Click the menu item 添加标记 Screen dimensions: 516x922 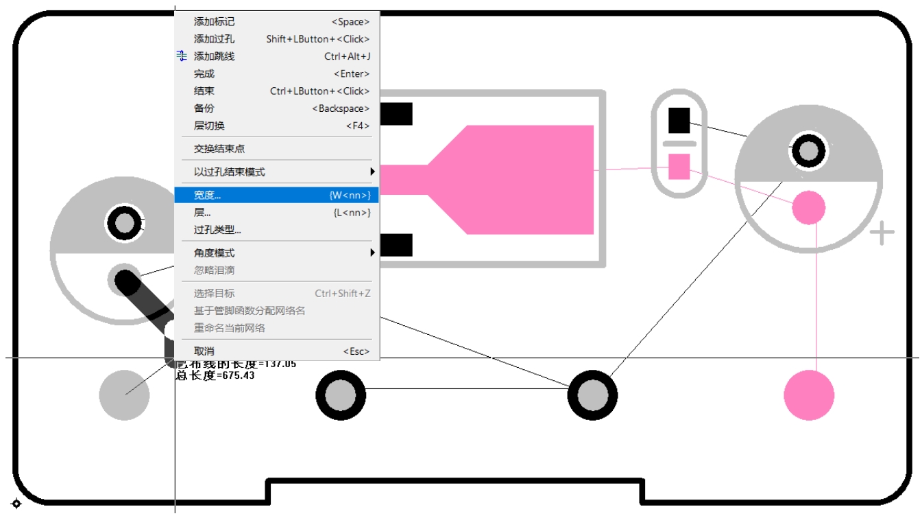pyautogui.click(x=214, y=22)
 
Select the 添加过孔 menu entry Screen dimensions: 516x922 pyautogui.click(x=214, y=39)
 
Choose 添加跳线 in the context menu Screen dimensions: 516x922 pyautogui.click(x=214, y=56)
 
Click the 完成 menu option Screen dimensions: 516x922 pyautogui.click(x=204, y=73)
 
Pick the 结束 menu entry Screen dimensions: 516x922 pyautogui.click(x=204, y=91)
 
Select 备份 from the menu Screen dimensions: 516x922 pyautogui.click(x=204, y=108)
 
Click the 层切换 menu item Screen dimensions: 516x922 pyautogui.click(x=209, y=126)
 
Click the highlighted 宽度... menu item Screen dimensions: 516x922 pyautogui.click(x=208, y=196)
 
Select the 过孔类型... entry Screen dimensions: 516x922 pyautogui.click(x=217, y=230)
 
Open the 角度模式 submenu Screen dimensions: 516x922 pyautogui.click(x=214, y=253)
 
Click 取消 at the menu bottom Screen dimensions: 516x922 pyautogui.click(x=204, y=351)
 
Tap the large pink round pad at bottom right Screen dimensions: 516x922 pyautogui.click(x=809, y=395)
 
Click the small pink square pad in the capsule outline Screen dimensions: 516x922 pyautogui.click(x=679, y=166)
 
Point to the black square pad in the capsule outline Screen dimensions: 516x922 pyautogui.click(x=679, y=121)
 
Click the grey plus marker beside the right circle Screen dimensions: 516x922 pyautogui.click(x=882, y=233)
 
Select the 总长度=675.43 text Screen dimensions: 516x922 pyautogui.click(x=215, y=375)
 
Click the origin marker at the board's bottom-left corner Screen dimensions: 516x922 pyautogui.click(x=16, y=504)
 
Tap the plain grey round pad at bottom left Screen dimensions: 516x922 pyautogui.click(x=124, y=395)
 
